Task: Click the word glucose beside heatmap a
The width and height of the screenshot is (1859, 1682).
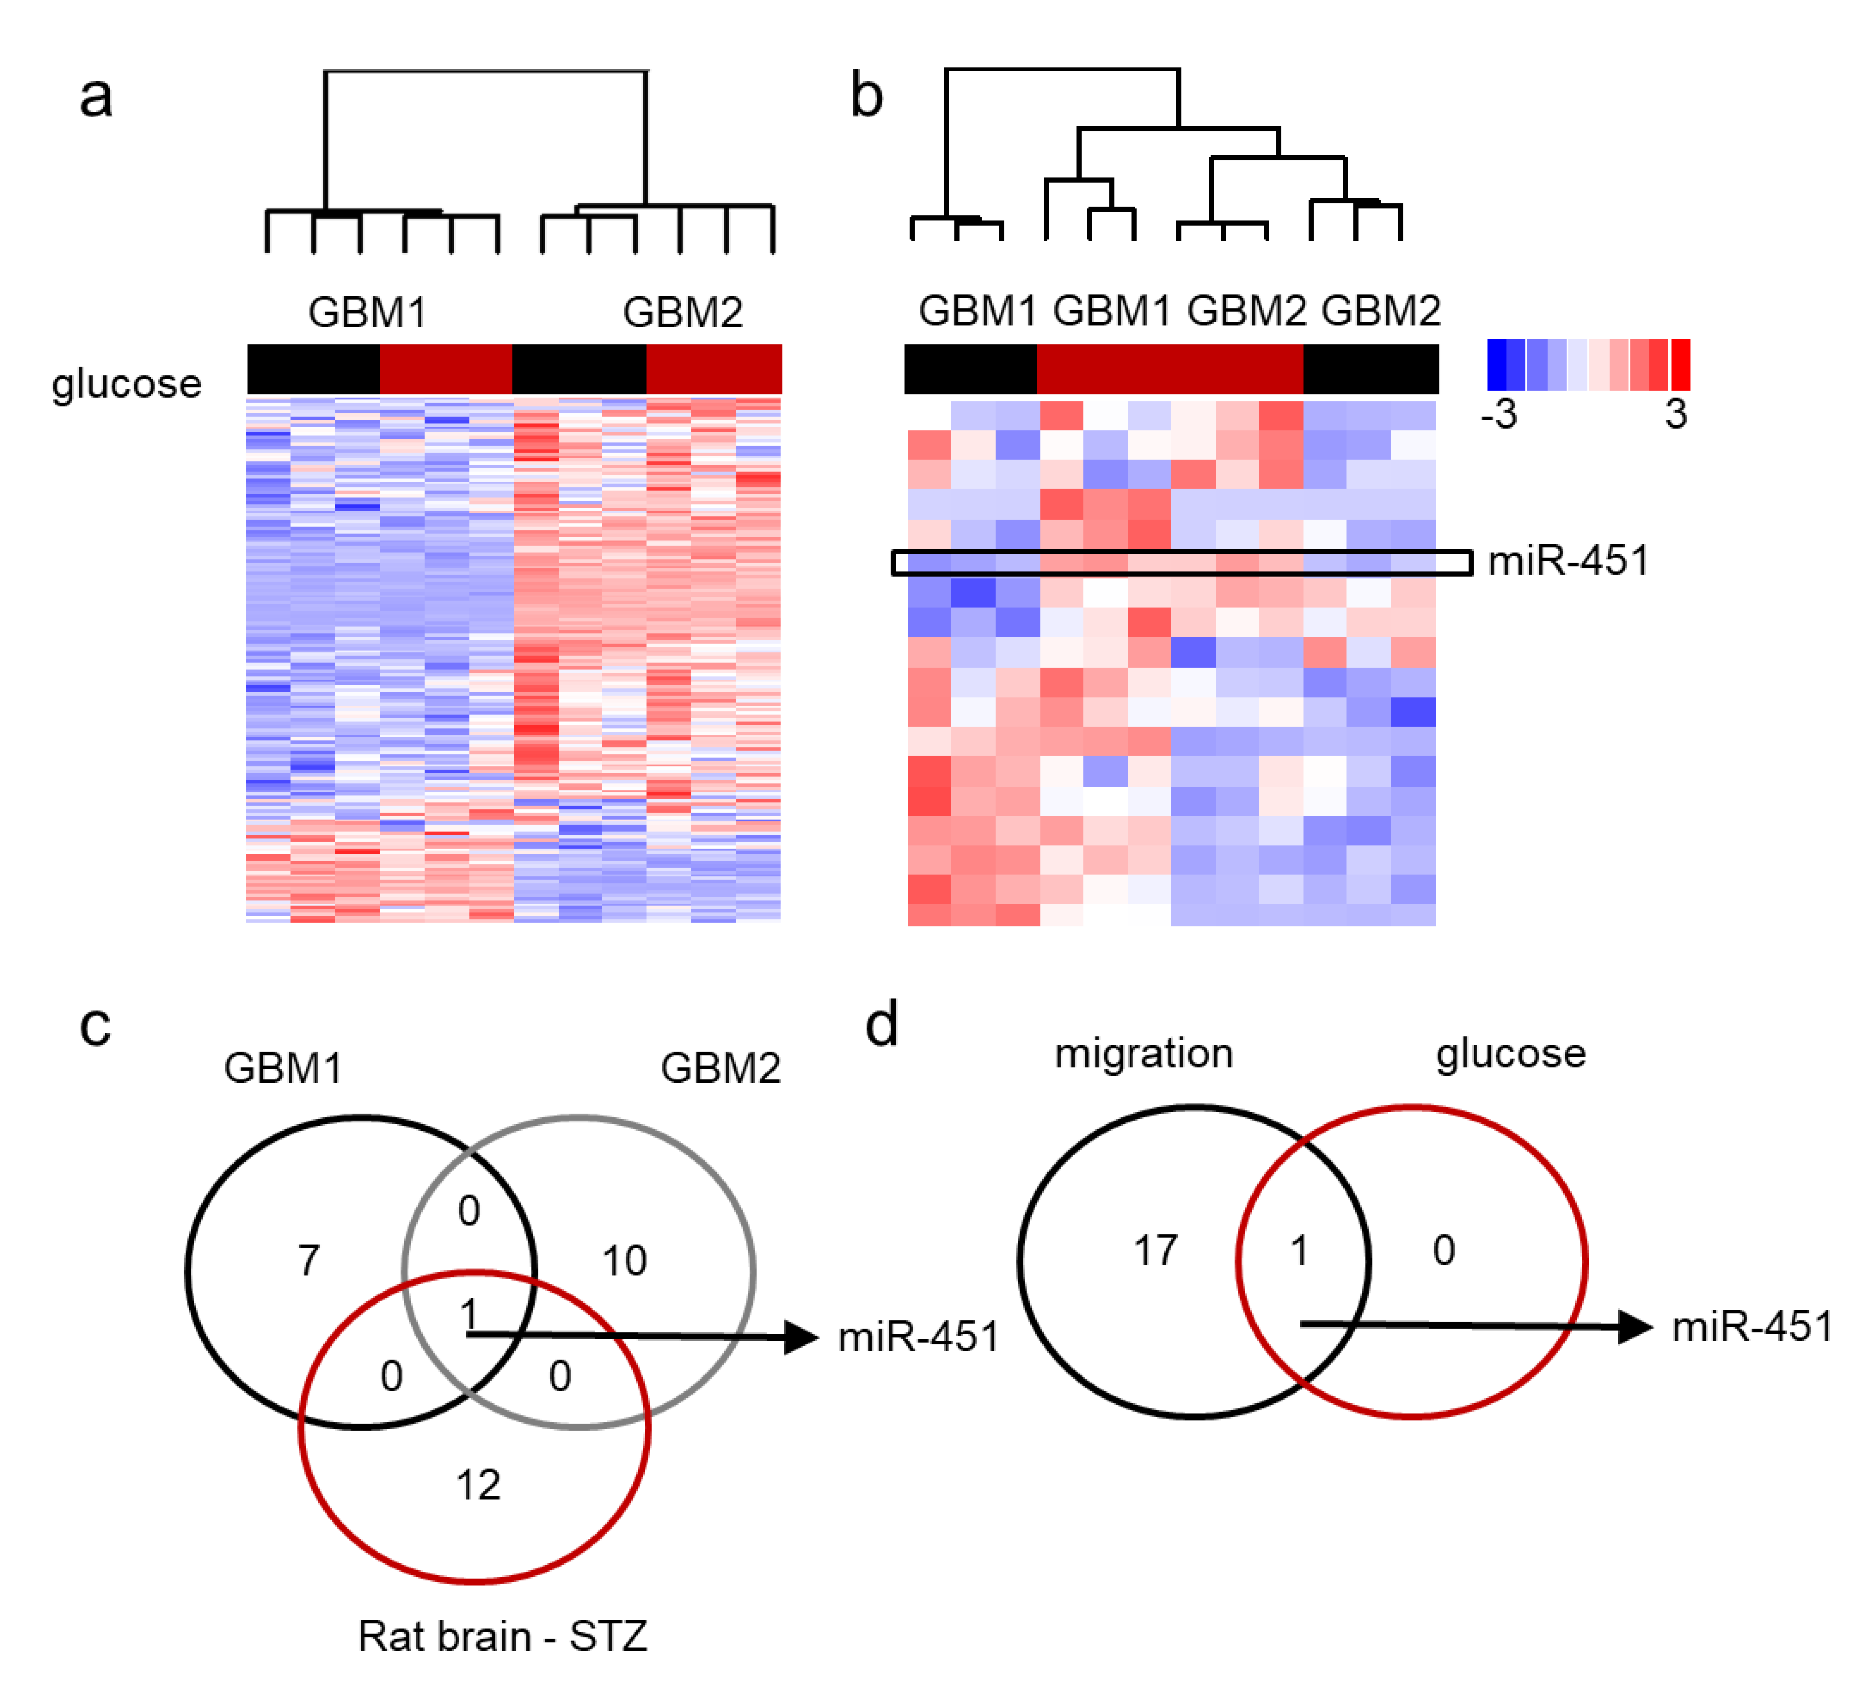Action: pyautogui.click(x=126, y=383)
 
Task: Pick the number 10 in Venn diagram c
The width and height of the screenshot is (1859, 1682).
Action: pyautogui.click(x=624, y=1260)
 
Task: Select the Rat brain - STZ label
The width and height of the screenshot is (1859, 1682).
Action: pyautogui.click(x=503, y=1636)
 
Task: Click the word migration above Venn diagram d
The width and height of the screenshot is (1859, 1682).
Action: pyautogui.click(x=1143, y=1053)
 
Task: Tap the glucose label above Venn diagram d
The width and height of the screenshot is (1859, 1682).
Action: pyautogui.click(x=1510, y=1053)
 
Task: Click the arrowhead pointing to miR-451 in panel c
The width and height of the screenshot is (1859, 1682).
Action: pyautogui.click(x=800, y=1337)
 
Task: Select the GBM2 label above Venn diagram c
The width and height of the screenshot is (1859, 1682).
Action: pyautogui.click(x=720, y=1068)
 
